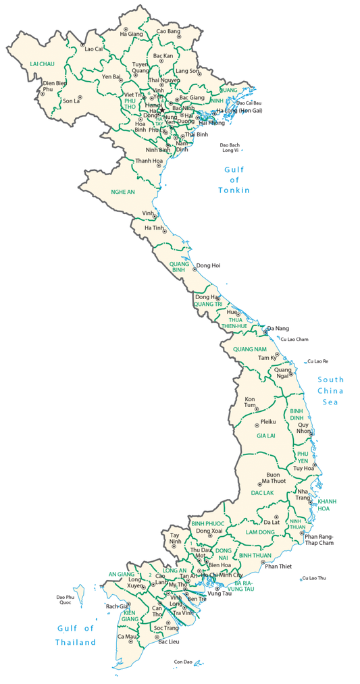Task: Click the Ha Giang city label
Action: [x=132, y=34]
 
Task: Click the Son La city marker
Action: [x=79, y=99]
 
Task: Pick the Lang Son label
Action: [x=188, y=71]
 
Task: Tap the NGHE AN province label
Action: [x=123, y=192]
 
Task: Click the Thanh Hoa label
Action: [x=149, y=161]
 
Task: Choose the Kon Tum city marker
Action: [x=256, y=409]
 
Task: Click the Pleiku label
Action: [x=269, y=423]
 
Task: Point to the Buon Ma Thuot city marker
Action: [x=261, y=484]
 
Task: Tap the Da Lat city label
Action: [x=272, y=522]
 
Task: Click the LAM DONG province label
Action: [x=260, y=533]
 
